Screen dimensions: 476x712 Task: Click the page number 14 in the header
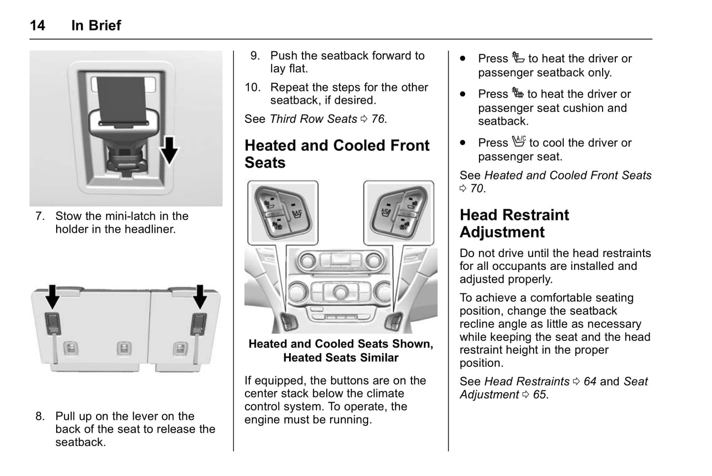[37, 26]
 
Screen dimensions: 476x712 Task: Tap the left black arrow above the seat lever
[52, 296]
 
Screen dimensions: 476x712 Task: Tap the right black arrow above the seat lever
[200, 296]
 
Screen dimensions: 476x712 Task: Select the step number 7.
[39, 216]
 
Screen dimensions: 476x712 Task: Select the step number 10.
[252, 87]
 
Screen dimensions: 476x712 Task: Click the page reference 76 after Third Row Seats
[378, 119]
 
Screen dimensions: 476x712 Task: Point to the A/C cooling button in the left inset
[297, 214]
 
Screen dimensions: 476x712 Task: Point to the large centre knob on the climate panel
[340, 293]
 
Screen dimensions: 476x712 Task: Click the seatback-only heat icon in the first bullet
[518, 58]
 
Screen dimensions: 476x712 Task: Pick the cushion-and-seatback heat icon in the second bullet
[517, 93]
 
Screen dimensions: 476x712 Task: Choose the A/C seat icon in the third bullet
[518, 142]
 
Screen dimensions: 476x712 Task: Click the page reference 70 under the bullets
[476, 188]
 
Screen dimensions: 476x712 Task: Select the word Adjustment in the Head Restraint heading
[502, 232]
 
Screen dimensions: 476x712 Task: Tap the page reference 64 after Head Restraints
[590, 381]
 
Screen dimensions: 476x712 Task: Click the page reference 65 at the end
[540, 395]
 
